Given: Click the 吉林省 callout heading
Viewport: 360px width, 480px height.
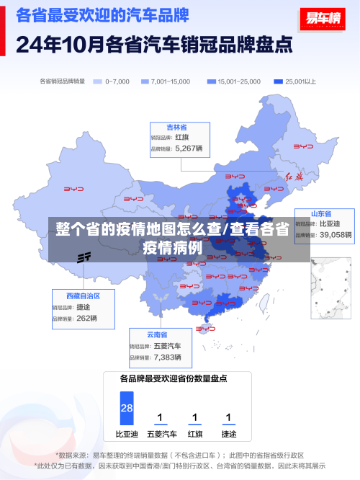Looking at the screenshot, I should (177, 127).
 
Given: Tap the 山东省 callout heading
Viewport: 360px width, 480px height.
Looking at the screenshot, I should (320, 214).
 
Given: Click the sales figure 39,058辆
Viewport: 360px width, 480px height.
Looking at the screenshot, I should (336, 235).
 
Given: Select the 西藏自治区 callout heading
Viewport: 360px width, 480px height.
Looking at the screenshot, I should (83, 296).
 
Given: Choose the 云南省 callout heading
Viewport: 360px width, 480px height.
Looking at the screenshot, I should (157, 335).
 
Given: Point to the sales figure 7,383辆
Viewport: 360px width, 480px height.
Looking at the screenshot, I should (168, 357).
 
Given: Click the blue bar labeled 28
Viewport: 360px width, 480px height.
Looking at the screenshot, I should (127, 407).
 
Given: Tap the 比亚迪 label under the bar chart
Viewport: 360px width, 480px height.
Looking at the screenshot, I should (127, 435).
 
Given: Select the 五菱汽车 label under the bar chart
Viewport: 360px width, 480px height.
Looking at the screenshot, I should (161, 435).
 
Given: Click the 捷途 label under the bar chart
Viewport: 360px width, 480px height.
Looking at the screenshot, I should (228, 435).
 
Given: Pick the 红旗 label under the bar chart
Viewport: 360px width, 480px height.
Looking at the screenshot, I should (194, 435).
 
